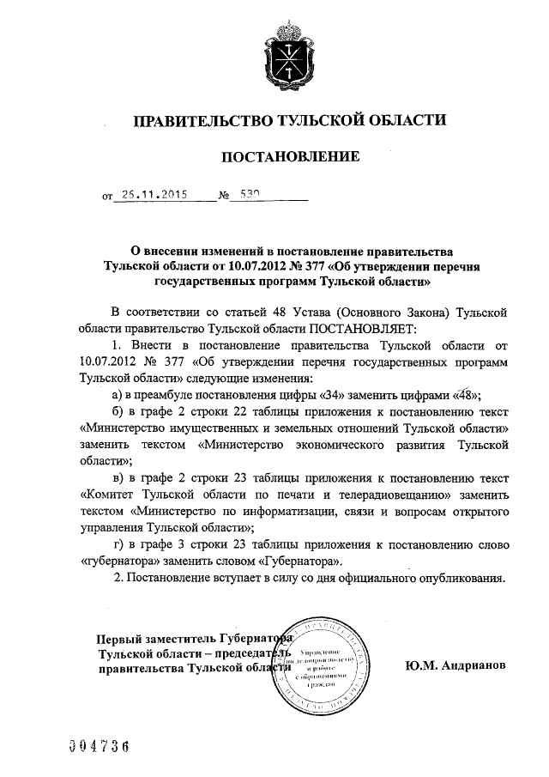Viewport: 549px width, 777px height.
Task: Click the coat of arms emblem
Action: point(290,53)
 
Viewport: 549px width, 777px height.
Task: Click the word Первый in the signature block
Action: point(119,640)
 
